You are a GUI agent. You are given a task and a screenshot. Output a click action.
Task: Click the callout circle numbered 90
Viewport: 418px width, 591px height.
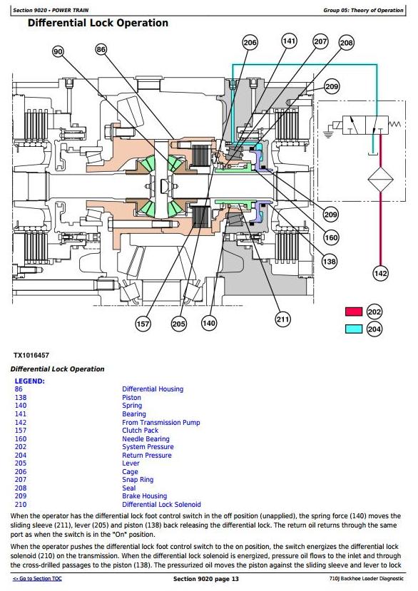(58, 51)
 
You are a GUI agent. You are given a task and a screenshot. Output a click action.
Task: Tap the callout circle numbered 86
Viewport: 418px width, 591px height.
(101, 49)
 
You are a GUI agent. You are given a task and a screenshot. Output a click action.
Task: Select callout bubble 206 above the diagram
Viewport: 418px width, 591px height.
(250, 43)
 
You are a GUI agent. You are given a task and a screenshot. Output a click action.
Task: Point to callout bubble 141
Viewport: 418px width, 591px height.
(289, 41)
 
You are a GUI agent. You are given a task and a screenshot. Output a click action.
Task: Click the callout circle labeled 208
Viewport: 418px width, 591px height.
(347, 43)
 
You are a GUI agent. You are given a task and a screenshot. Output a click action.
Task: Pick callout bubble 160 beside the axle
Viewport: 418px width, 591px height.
(331, 238)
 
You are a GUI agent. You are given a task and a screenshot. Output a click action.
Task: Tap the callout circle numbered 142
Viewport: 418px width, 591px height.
(380, 273)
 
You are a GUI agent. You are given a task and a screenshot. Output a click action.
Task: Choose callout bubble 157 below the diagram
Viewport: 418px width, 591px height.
(143, 324)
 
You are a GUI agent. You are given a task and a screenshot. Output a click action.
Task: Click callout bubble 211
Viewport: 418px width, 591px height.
(283, 319)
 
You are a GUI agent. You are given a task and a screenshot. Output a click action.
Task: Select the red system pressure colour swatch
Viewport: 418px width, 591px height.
(354, 312)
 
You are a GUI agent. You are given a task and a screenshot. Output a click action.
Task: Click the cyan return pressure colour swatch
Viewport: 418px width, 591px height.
(354, 329)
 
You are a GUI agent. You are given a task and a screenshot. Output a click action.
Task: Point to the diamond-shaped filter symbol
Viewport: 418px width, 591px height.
(380, 180)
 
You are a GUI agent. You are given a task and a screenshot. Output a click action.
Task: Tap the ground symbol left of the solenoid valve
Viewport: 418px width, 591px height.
(328, 133)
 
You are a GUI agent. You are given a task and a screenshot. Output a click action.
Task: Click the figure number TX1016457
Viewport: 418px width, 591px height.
(31, 355)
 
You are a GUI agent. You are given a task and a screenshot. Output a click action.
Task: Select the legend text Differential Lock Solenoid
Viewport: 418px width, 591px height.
(161, 504)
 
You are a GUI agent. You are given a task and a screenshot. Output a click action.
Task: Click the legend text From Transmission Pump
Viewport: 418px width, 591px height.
(161, 422)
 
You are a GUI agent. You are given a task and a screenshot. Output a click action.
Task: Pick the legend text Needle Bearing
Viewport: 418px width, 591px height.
(146, 438)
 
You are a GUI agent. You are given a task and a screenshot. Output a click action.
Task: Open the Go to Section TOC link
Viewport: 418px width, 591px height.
(37, 579)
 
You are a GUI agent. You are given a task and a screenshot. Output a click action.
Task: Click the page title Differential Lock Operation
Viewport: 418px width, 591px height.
(98, 23)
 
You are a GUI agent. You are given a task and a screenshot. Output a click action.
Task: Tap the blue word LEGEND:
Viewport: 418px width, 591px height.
(30, 381)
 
